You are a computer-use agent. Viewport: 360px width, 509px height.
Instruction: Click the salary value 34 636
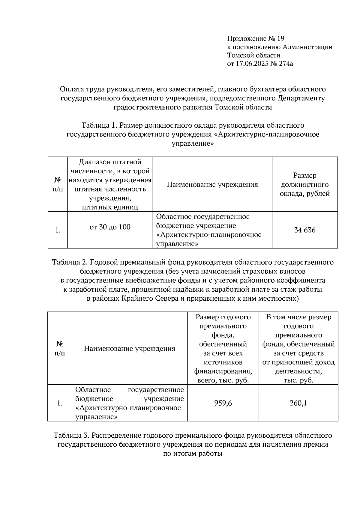[x=305, y=230]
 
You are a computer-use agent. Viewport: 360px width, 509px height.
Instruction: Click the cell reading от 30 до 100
[x=110, y=227]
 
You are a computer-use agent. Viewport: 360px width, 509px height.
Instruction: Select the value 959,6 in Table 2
[x=223, y=403]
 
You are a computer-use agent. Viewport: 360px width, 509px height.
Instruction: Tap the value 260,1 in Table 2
[x=298, y=403]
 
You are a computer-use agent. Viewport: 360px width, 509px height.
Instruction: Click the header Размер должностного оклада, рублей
[x=305, y=184]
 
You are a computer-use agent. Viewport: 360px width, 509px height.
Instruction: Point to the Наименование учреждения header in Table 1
[x=212, y=185]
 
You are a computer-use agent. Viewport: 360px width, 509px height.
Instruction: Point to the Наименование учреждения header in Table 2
[x=130, y=349]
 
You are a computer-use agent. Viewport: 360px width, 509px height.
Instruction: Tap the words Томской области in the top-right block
[x=253, y=55]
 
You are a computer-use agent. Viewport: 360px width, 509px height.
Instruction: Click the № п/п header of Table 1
[x=58, y=185]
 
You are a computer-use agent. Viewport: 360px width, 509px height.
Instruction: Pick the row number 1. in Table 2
[x=60, y=403]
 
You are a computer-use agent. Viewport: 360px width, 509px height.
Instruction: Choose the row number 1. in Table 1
[x=58, y=230]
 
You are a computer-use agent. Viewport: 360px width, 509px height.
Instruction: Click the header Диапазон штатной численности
[x=110, y=167]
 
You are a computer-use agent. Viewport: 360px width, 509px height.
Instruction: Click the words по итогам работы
[x=193, y=453]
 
